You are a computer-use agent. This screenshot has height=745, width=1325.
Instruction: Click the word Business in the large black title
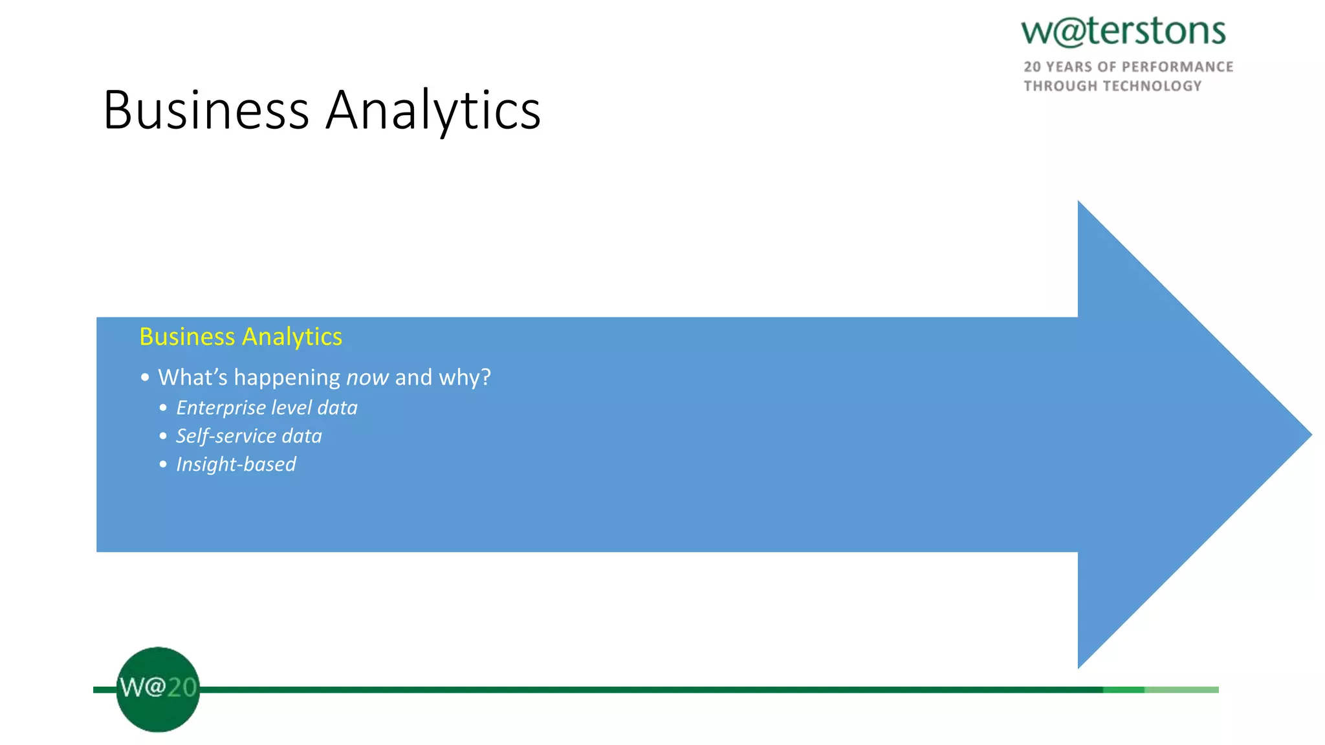(206, 110)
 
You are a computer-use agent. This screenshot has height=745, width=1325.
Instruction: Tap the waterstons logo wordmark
(1123, 31)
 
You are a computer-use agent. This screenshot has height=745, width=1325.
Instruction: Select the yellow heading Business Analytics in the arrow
(241, 337)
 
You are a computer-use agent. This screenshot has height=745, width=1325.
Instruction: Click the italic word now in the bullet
(367, 377)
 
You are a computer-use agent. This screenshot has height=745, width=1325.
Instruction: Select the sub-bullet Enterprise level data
(267, 408)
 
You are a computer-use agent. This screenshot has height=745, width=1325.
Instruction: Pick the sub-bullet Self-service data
(249, 437)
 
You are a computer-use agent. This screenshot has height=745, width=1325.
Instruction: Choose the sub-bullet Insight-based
(236, 464)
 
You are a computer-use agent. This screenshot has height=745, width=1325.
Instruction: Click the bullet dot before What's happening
(145, 377)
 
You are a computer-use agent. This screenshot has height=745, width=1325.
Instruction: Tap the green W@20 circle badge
(158, 689)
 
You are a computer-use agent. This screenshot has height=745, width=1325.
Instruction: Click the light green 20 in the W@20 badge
(182, 687)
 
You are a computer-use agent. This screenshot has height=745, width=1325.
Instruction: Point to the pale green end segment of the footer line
(1181, 690)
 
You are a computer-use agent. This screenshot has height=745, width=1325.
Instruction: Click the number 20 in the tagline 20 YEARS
(1032, 67)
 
